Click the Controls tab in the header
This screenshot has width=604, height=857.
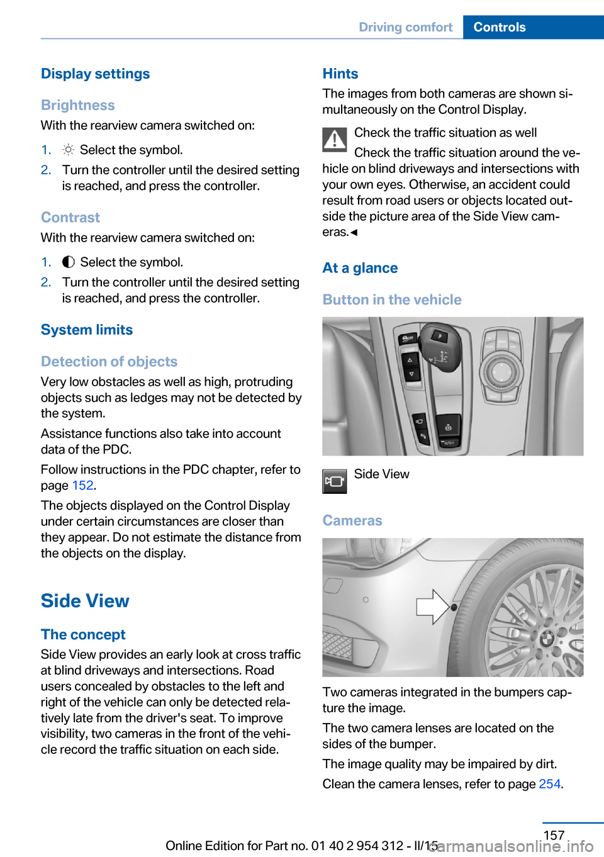500,27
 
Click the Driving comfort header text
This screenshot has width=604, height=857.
405,27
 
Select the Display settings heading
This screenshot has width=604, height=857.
95,74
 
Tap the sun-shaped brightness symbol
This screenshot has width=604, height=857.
68,150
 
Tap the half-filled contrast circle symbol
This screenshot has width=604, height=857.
68,262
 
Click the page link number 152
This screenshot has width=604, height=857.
82,485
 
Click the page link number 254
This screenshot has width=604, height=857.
549,783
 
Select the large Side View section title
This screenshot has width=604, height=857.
85,601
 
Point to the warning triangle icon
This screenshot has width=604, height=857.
335,140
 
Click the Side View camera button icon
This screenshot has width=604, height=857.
335,481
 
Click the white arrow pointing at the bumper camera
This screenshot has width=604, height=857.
432,607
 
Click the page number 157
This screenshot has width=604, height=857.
554,835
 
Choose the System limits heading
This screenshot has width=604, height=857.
87,330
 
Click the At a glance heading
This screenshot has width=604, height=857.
360,268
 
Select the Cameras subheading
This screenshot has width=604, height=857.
352,520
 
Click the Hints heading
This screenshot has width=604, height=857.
340,74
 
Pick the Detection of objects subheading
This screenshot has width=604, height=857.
109,362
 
